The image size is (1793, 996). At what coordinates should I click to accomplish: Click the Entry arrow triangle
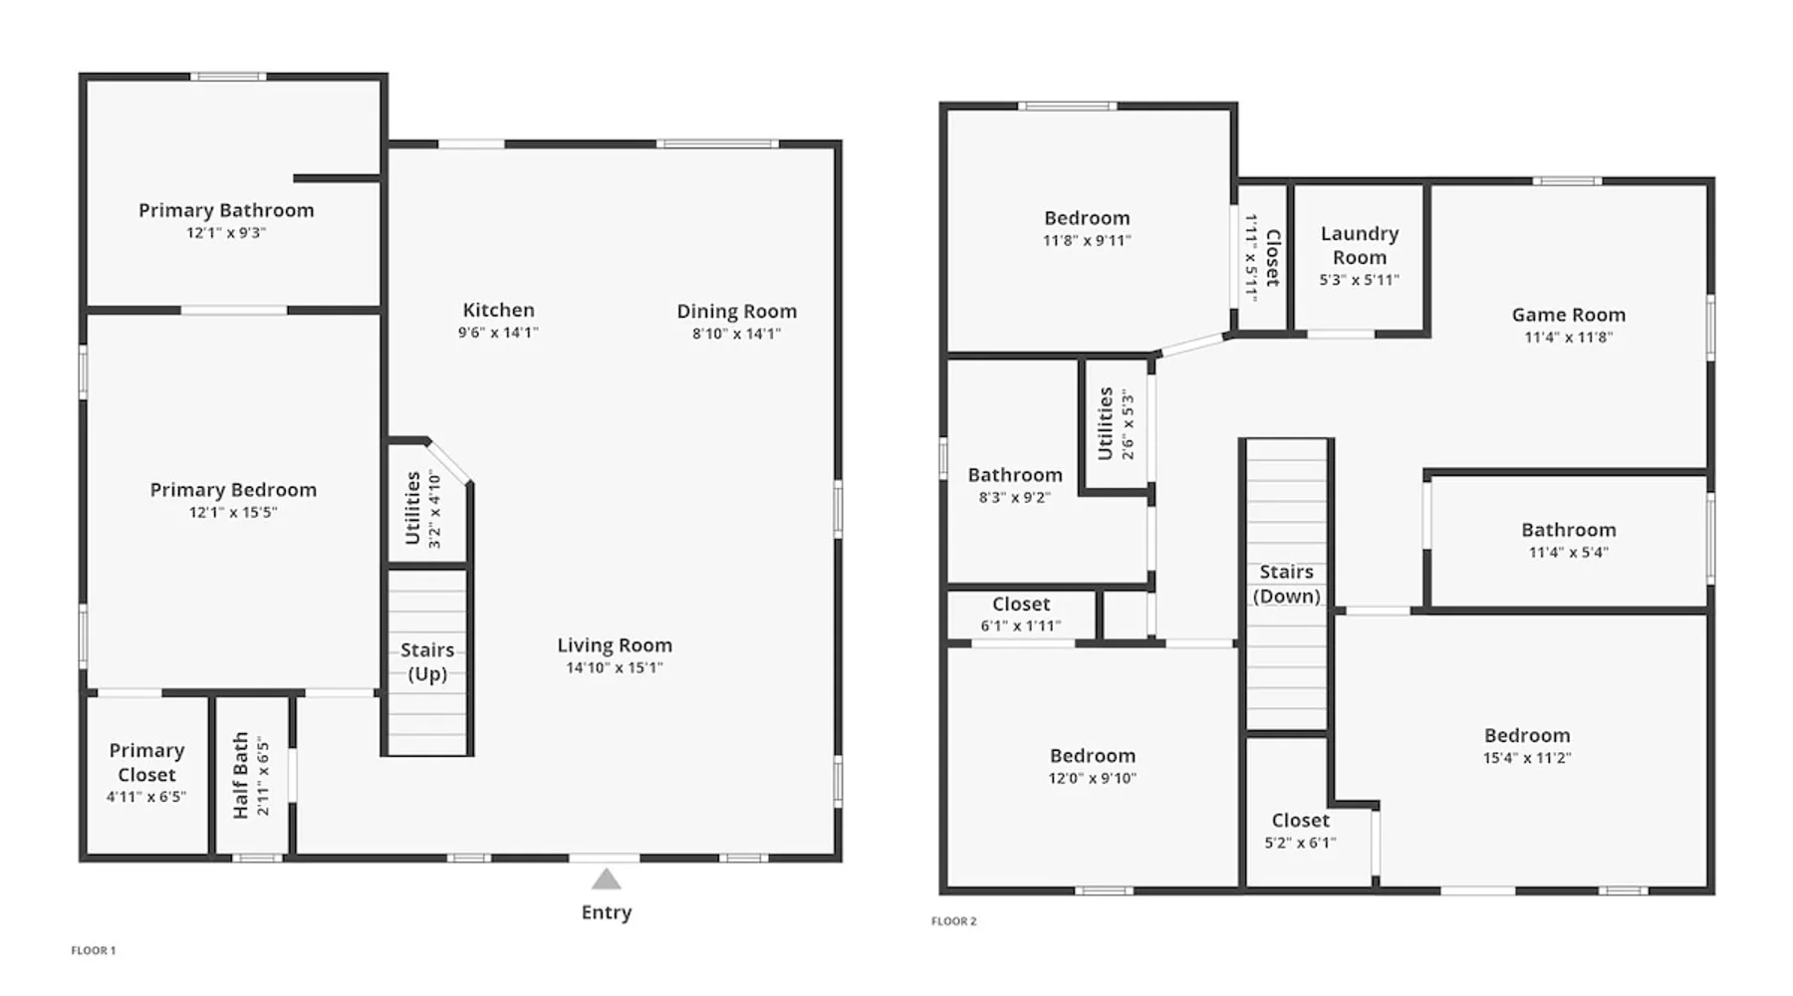[x=606, y=879]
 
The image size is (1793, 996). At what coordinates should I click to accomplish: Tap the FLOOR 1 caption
[x=94, y=950]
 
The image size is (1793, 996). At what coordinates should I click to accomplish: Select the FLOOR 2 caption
[x=954, y=921]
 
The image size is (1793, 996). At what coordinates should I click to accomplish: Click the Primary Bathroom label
[x=226, y=210]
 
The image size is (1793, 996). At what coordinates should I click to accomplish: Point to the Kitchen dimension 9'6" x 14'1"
[x=498, y=333]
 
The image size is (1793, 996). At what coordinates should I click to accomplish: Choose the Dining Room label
[x=737, y=312]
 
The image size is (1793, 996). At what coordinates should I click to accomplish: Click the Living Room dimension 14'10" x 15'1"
[x=615, y=667]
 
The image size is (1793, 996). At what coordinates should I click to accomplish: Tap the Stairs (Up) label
[x=427, y=662]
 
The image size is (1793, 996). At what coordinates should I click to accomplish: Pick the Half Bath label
[x=240, y=776]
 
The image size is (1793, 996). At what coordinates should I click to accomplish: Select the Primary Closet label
[x=146, y=763]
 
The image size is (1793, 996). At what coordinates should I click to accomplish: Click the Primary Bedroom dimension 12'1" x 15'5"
[x=233, y=512]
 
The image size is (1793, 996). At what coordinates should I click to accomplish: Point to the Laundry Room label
[x=1360, y=245]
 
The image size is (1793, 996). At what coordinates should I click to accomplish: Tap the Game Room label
[x=1569, y=315]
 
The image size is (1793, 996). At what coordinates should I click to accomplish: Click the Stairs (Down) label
[x=1287, y=585]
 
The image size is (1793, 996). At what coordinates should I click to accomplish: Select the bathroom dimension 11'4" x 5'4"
[x=1569, y=552]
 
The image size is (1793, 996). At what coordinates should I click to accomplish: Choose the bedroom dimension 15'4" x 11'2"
[x=1527, y=758]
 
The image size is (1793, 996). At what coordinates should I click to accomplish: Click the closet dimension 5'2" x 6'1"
[x=1301, y=843]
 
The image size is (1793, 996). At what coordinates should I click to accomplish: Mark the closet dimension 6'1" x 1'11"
[x=1021, y=625]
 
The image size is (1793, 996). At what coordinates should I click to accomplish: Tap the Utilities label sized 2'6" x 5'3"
[x=1105, y=423]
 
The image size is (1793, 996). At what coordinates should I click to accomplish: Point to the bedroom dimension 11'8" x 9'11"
[x=1087, y=240]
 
